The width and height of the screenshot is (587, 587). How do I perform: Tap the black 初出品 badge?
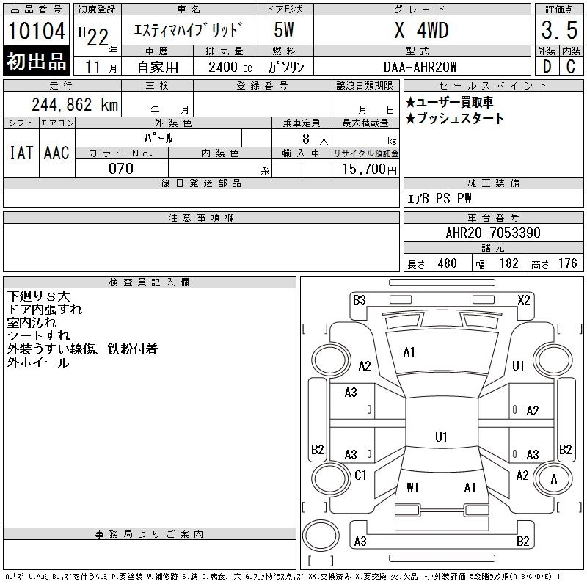point(36,62)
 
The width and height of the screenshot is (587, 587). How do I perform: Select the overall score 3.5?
point(558,31)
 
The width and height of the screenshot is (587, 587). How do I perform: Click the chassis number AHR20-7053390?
point(492,233)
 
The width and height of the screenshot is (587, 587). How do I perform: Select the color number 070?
point(121,169)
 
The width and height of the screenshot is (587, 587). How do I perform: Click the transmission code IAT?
point(21,153)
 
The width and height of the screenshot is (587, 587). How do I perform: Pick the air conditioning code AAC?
point(56,153)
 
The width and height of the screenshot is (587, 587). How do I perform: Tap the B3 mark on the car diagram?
point(359,299)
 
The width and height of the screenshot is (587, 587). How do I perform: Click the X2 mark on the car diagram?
point(523,299)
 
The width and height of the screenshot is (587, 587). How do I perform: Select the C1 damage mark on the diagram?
point(360,475)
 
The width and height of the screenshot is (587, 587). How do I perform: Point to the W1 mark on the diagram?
point(412,487)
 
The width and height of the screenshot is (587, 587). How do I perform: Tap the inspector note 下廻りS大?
point(38,296)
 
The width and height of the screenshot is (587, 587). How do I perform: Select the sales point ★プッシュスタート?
point(455,119)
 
